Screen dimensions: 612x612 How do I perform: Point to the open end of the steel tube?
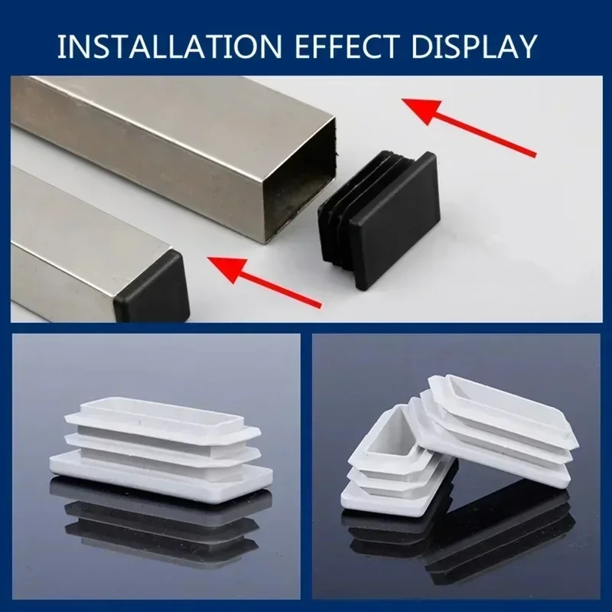[x=299, y=180]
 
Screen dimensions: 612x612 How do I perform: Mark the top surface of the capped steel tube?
[x=84, y=222]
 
